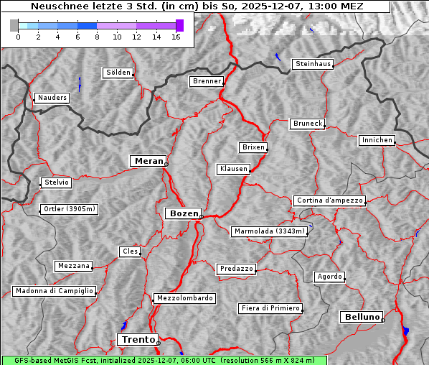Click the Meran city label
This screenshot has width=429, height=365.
tap(148, 161)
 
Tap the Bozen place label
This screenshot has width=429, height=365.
tap(183, 213)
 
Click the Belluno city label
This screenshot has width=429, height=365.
tap(361, 316)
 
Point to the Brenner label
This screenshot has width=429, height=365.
tap(207, 81)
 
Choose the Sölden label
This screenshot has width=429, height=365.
tap(118, 73)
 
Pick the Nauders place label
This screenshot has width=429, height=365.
tap(52, 98)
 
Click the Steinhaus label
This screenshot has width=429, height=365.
tap(313, 64)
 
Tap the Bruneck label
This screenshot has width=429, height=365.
tap(308, 124)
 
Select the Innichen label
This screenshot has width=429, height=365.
tap(377, 140)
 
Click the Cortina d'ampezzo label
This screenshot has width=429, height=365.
tap(329, 200)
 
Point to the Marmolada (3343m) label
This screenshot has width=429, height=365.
tap(270, 231)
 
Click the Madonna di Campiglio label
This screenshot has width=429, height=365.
tap(54, 291)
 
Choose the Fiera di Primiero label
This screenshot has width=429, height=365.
tap(270, 308)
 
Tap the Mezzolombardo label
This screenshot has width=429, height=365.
tap(184, 297)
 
